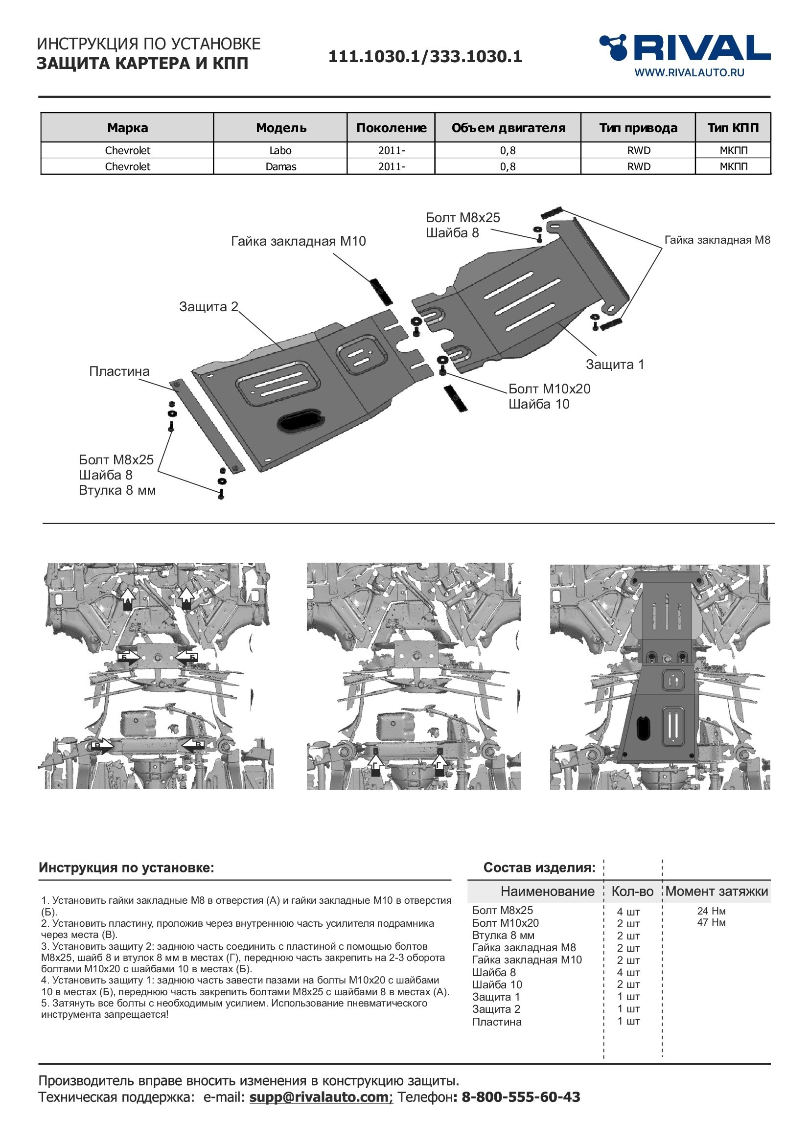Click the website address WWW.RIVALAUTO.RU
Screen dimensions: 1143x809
[689, 73]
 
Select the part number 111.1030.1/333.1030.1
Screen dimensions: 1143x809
[425, 57]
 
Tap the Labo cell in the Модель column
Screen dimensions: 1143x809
[280, 150]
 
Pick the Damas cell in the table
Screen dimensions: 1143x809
[280, 166]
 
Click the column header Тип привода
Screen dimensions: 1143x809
[638, 128]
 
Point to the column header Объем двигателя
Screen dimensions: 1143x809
[508, 128]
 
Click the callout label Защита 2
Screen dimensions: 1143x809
[208, 307]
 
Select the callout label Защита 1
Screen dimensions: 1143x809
[615, 365]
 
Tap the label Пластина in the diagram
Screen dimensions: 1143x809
[119, 371]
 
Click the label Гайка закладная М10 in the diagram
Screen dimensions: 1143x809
[299, 242]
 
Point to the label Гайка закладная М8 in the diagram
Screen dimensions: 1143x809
[717, 240]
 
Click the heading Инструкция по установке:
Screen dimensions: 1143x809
[127, 868]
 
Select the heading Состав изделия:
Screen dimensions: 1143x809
[539, 868]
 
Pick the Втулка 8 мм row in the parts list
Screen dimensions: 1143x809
[503, 936]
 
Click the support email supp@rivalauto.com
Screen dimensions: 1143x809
[321, 1097]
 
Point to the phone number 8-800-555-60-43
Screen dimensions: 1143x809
[521, 1097]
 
